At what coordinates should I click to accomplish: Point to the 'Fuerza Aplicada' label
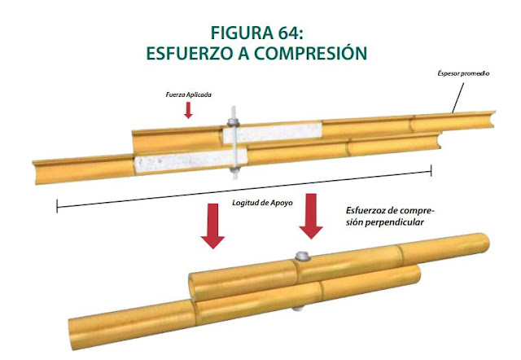pyautogui.click(x=188, y=94)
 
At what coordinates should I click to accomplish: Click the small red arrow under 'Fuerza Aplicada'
pyautogui.click(x=189, y=110)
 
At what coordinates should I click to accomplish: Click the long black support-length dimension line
pyautogui.click(x=244, y=187)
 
